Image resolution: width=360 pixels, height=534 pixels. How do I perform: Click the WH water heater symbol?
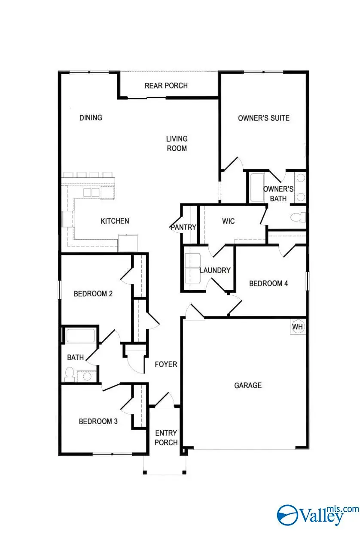pyautogui.click(x=298, y=327)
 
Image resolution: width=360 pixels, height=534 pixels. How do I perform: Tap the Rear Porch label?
pyautogui.click(x=166, y=85)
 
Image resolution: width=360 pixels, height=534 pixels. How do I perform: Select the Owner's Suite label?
pyautogui.click(x=263, y=118)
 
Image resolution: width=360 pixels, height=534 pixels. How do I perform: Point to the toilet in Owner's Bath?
pyautogui.click(x=298, y=217)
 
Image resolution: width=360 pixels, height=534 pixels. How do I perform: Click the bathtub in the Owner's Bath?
pyautogui.click(x=257, y=188)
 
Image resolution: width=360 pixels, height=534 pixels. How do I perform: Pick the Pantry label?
pyautogui.click(x=183, y=227)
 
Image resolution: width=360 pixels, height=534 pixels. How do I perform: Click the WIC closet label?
pyautogui.click(x=228, y=221)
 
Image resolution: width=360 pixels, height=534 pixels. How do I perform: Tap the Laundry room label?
pyautogui.click(x=215, y=270)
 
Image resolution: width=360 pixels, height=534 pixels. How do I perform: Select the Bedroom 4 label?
pyautogui.click(x=268, y=283)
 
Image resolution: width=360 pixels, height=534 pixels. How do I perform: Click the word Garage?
pyautogui.click(x=248, y=385)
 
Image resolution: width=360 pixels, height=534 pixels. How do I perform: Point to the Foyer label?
pyautogui.click(x=166, y=364)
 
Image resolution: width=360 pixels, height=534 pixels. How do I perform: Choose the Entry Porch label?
pyautogui.click(x=166, y=437)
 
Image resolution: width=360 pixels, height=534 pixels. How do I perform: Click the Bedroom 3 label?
pyautogui.click(x=98, y=421)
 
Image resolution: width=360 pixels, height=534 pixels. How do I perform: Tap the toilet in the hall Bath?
pyautogui.click(x=69, y=374)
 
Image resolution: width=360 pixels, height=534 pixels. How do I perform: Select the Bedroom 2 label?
pyautogui.click(x=93, y=294)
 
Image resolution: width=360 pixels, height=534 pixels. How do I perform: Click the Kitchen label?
pyautogui.click(x=115, y=221)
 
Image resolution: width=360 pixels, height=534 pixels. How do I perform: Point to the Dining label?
pyautogui.click(x=91, y=118)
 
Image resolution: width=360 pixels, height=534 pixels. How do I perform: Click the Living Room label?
pyautogui.click(x=177, y=143)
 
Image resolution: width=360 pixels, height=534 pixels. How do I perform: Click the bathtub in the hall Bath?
pyautogui.click(x=81, y=336)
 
